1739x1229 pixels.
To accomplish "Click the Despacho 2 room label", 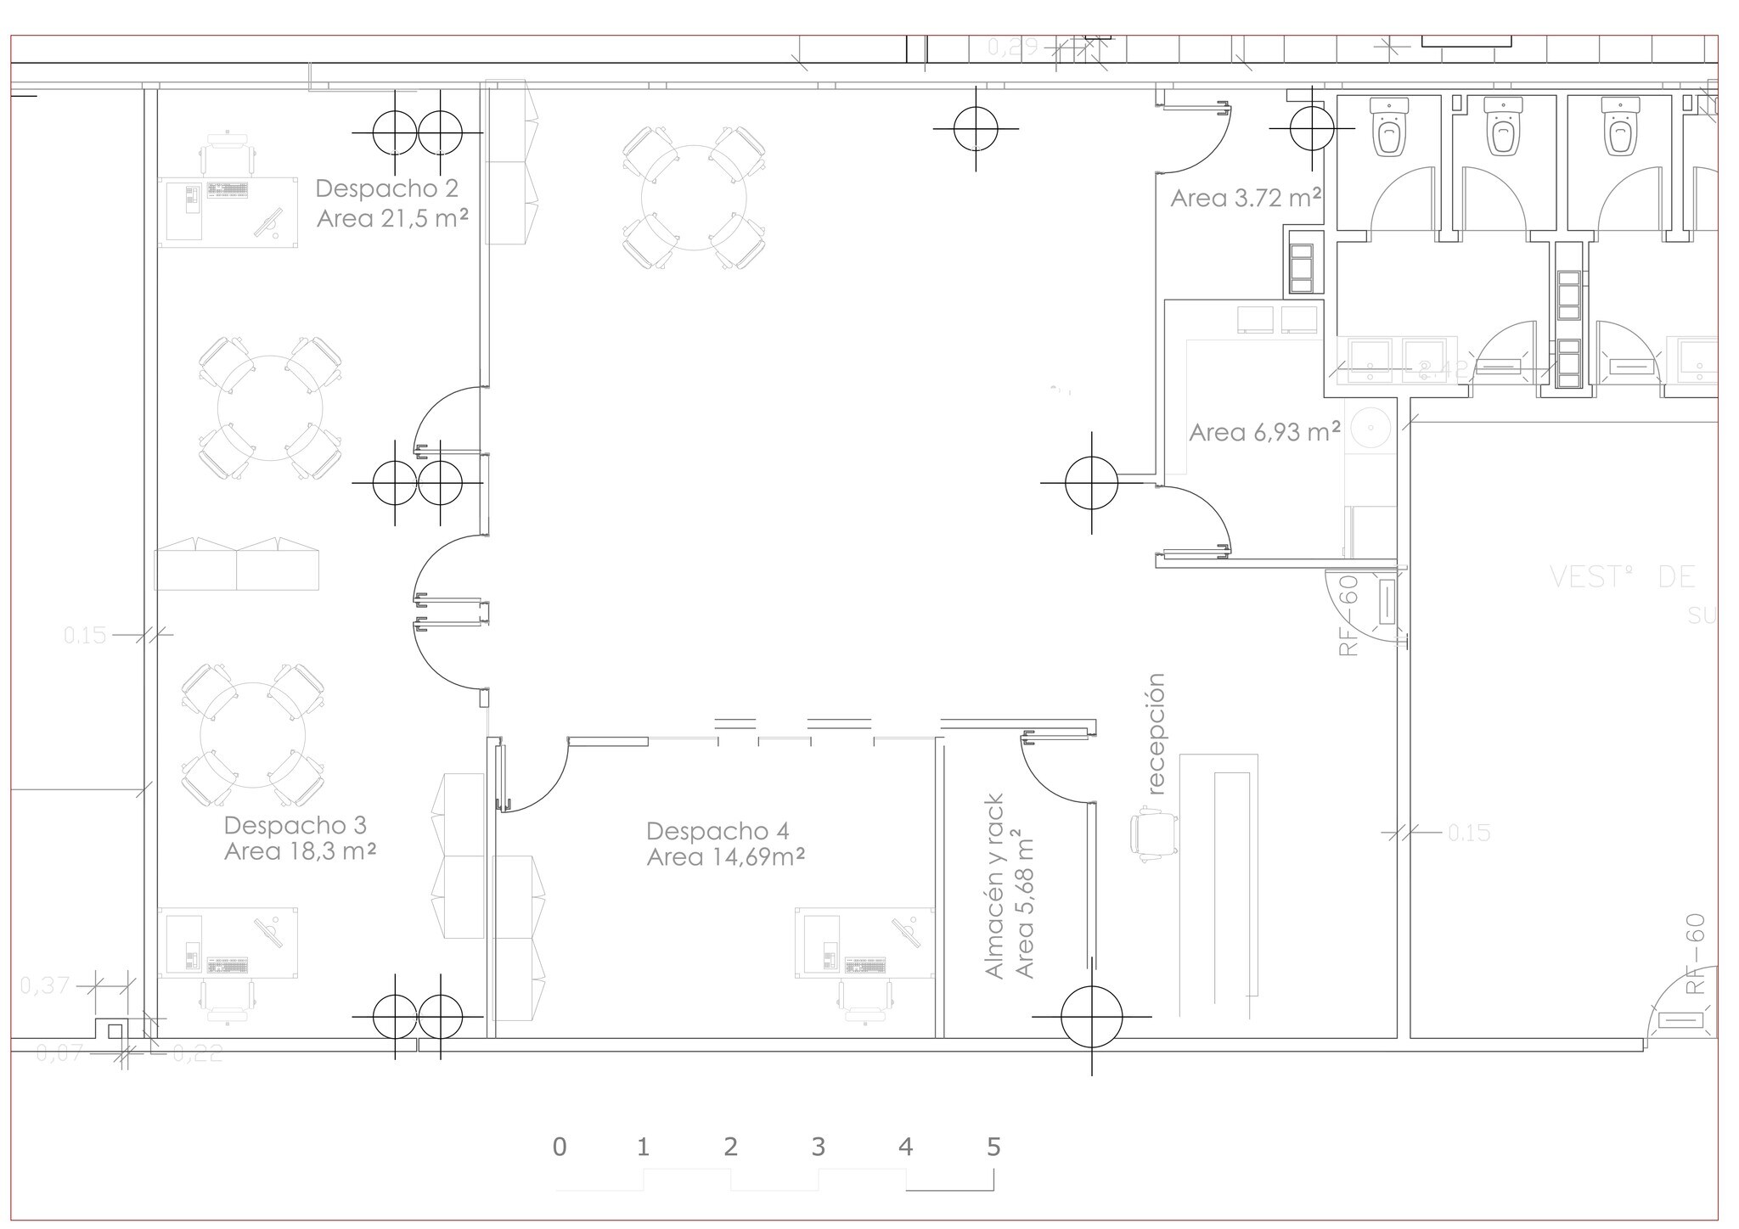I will [386, 188].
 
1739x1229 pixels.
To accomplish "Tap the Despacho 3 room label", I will [295, 824].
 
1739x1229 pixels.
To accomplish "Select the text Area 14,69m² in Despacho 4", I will [726, 857].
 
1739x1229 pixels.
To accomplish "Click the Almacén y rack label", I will [995, 886].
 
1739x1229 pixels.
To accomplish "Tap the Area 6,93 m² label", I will [1264, 432].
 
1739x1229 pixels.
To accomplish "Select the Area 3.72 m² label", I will [1245, 198].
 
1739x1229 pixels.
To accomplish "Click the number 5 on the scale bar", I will [993, 1147].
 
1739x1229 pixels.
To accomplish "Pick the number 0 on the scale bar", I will [559, 1147].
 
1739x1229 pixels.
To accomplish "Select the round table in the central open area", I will [694, 198].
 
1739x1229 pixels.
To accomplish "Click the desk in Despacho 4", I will [864, 942].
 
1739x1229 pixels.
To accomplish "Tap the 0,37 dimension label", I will [45, 985].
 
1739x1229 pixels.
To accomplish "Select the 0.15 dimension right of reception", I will [1469, 833].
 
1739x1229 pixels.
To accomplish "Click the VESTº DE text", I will [1622, 577].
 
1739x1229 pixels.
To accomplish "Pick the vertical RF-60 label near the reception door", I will [1348, 615].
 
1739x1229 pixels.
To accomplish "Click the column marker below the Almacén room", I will [1091, 1016].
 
